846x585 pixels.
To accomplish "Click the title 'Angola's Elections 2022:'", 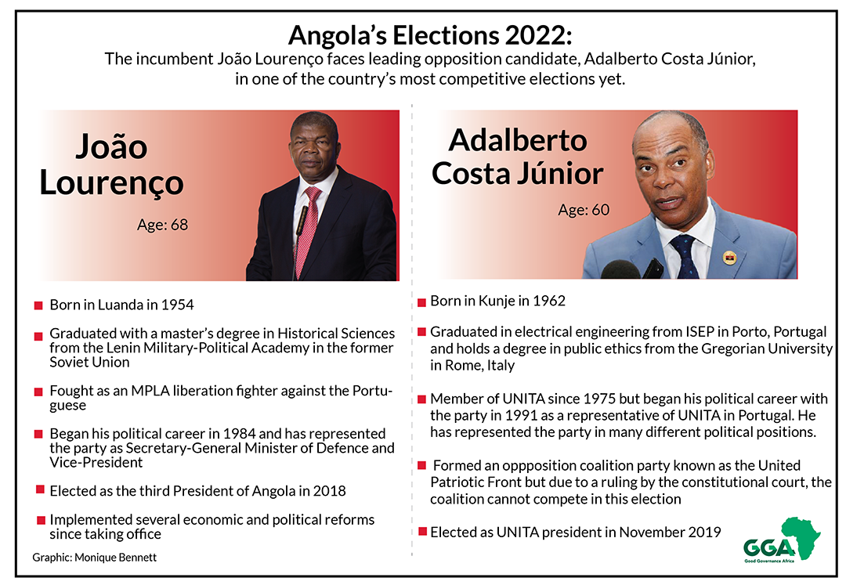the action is [429, 35].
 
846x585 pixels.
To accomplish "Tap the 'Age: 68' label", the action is [162, 224].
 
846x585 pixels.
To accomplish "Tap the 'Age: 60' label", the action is [584, 209].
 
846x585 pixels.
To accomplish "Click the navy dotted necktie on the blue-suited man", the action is [685, 257].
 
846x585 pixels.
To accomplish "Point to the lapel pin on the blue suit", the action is [729, 258].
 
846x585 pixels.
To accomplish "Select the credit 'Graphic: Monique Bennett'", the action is [95, 558].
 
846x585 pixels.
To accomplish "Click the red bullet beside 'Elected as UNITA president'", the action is [422, 533].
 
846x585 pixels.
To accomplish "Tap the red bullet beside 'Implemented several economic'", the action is [41, 520].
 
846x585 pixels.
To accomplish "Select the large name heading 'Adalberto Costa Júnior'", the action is [518, 157].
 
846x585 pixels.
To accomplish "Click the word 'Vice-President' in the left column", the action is [96, 463].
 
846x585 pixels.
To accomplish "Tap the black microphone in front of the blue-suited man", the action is [620, 269].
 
